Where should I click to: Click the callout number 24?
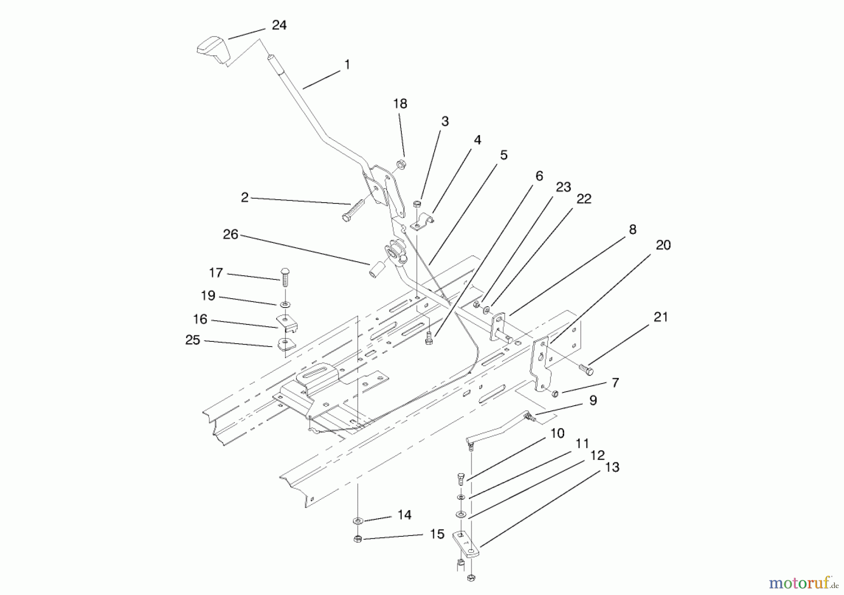pyautogui.click(x=279, y=25)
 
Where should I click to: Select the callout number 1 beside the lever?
pyautogui.click(x=347, y=65)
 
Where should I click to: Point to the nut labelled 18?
pyautogui.click(x=401, y=164)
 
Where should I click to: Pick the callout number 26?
pyautogui.click(x=230, y=234)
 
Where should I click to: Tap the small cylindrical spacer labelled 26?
pyautogui.click(x=377, y=270)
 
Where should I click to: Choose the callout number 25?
pyautogui.click(x=193, y=340)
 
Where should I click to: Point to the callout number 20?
pyautogui.click(x=663, y=245)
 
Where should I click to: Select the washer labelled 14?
pyautogui.click(x=357, y=520)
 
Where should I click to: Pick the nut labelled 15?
pyautogui.click(x=357, y=539)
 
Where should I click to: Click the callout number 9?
pyautogui.click(x=593, y=400)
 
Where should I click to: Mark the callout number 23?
pyautogui.click(x=563, y=188)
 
